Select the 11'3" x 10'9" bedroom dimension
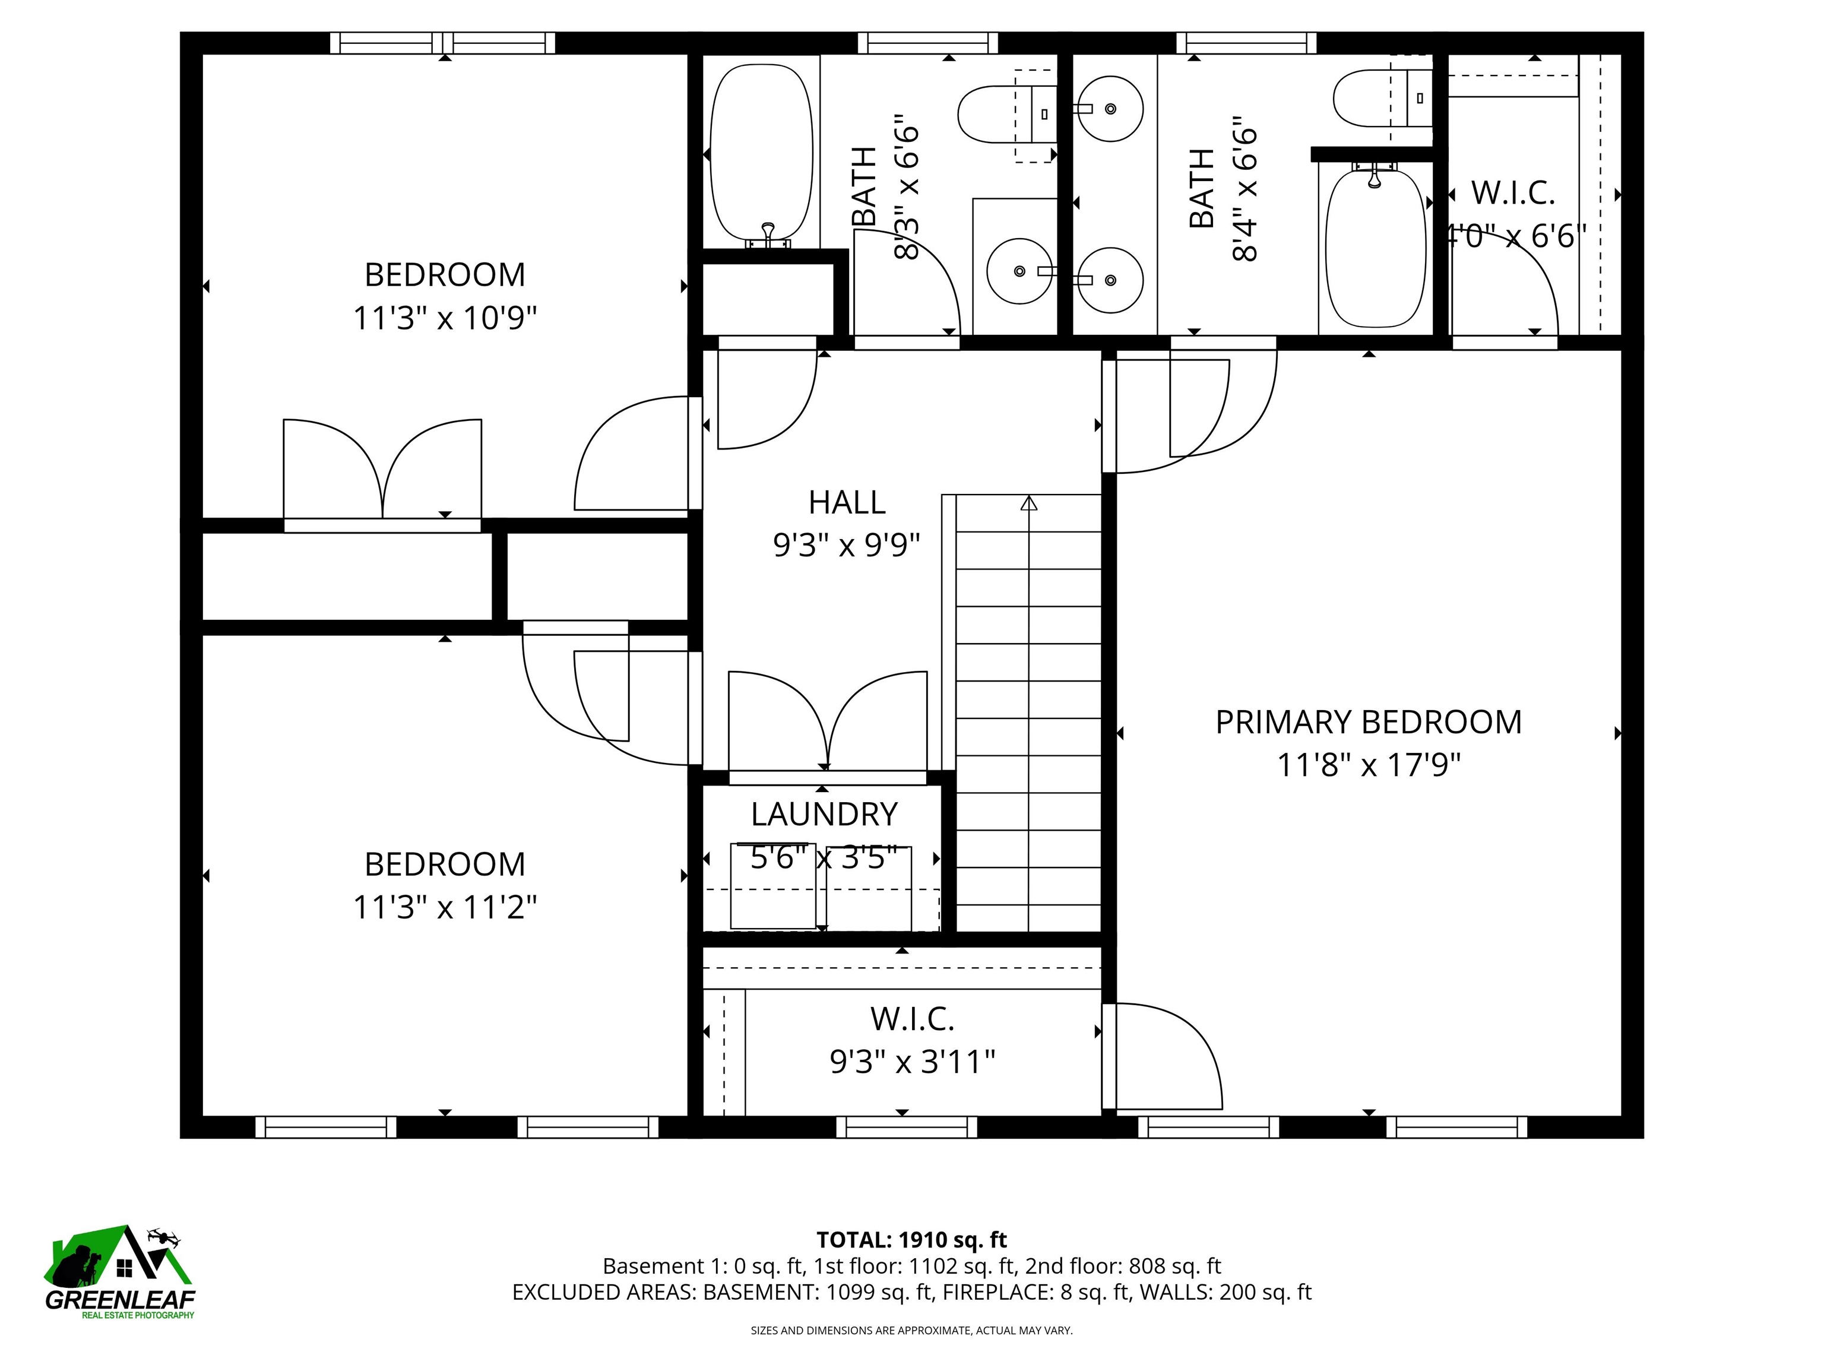pyautogui.click(x=445, y=318)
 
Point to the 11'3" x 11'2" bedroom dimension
pyautogui.click(x=445, y=908)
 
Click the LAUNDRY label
pyautogui.click(x=824, y=815)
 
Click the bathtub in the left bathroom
pyautogui.click(x=761, y=153)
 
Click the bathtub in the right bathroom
pyautogui.click(x=1375, y=248)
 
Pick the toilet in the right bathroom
pyautogui.click(x=1373, y=98)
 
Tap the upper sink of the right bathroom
pyautogui.click(x=1110, y=109)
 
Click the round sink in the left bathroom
pyautogui.click(x=1020, y=271)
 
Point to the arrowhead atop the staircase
pyautogui.click(x=1028, y=503)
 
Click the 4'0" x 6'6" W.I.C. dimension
pyautogui.click(x=1516, y=237)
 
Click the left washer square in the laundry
pyautogui.click(x=772, y=886)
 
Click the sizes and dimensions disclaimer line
pyautogui.click(x=911, y=1330)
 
